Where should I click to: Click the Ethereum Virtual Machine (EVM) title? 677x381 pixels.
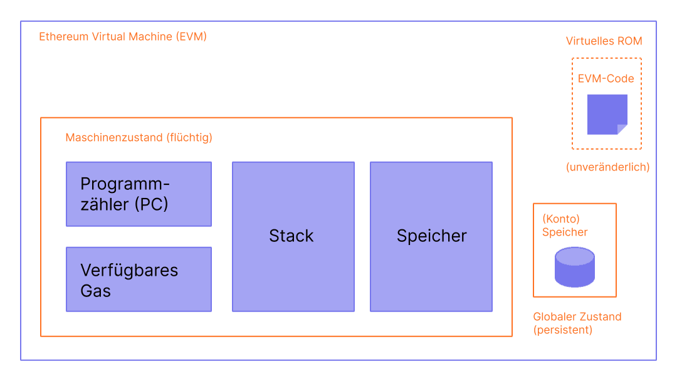coord(123,36)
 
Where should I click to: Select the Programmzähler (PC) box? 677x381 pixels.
coord(139,194)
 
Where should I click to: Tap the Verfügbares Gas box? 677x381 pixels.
coord(139,279)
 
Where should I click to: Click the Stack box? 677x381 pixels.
coord(293,236)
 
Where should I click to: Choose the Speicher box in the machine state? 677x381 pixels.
coord(431,236)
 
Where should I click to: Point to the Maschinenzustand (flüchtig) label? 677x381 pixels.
coord(139,137)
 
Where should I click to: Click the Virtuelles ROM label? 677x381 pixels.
coord(604,41)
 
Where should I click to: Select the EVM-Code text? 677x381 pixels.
coord(606,79)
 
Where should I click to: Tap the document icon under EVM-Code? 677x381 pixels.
coord(606,113)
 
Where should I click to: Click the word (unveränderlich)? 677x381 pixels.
coord(607,167)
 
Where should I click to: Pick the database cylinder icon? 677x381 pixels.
coord(574,268)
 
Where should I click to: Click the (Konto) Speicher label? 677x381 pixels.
coord(565,226)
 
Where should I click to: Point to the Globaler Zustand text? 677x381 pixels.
coord(577,317)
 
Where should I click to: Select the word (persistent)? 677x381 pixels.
coord(562,330)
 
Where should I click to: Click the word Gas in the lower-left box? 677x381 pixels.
coord(95,291)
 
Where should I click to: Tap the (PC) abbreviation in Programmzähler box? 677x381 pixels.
coord(152,204)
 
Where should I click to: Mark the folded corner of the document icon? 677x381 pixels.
coord(622,129)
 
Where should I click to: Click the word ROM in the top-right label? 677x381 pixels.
coord(629,41)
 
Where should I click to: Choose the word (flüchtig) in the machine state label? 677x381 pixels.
coord(189,137)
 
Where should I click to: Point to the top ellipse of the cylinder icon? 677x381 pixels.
coord(574,255)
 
